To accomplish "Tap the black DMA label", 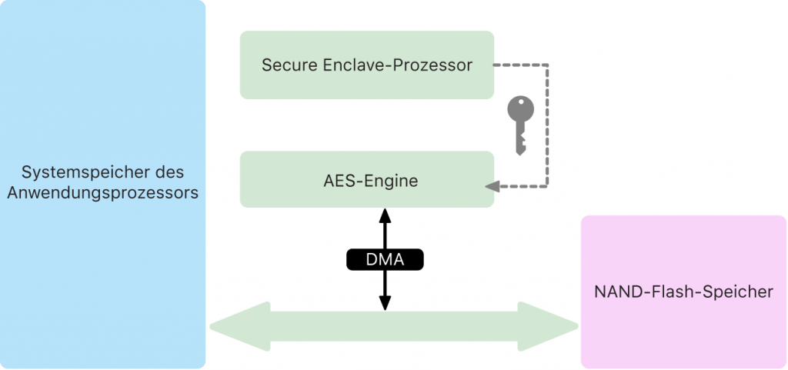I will (x=385, y=260).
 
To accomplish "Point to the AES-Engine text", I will (x=366, y=182).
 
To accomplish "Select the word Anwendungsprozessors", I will (x=102, y=192).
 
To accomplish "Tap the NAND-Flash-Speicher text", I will (x=683, y=292).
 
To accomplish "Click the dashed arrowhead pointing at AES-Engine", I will (x=491, y=186).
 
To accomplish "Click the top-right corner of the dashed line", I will (x=547, y=65).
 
